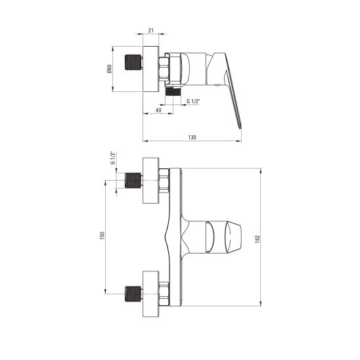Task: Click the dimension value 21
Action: click(x=150, y=31)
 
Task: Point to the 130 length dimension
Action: click(x=192, y=137)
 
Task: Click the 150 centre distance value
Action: click(x=102, y=235)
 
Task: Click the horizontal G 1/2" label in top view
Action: click(x=194, y=102)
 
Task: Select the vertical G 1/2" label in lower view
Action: click(x=112, y=159)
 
